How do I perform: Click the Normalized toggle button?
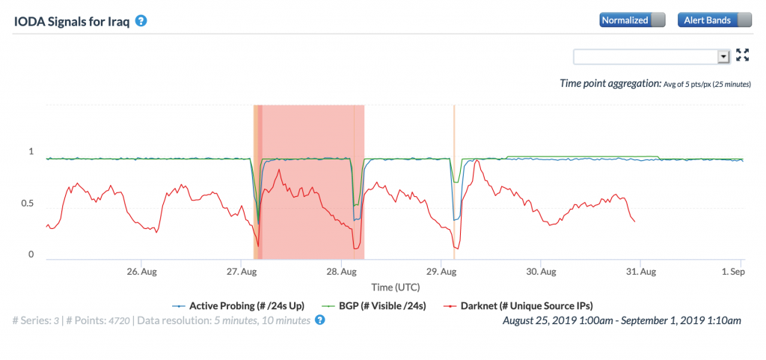[x=632, y=20]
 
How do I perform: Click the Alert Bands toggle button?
[x=714, y=20]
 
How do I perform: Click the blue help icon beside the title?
[x=140, y=20]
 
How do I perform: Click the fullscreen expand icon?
[x=743, y=55]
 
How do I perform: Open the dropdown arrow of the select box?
[x=723, y=56]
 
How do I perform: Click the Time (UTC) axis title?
[x=394, y=287]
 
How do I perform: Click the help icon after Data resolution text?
[x=320, y=320]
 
